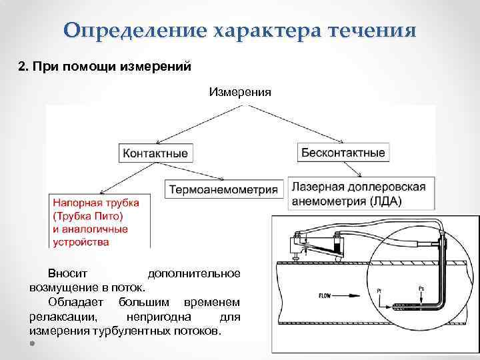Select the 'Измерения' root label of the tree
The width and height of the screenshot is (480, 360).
coord(240,92)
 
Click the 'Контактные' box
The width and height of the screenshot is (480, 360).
coord(155,153)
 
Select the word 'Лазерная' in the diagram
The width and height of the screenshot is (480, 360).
coord(316,187)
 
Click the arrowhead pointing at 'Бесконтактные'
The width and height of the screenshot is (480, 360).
coord(341,141)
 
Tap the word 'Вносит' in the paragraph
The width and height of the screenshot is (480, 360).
coord(63,274)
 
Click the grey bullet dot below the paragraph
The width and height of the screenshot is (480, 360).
coord(33,344)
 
